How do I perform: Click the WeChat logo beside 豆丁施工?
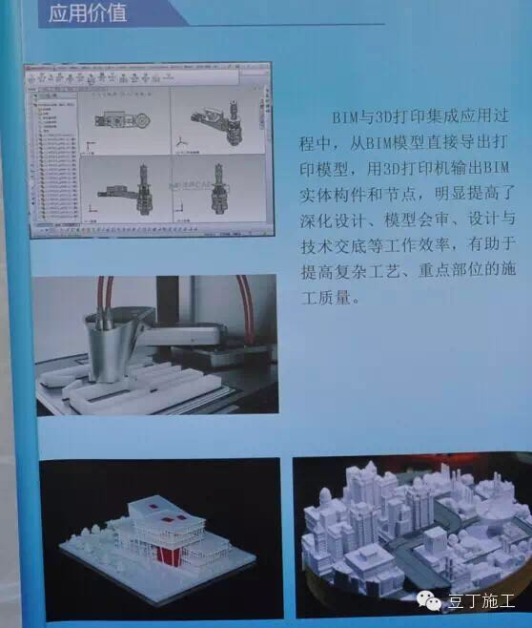434,601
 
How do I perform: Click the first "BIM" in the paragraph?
344,116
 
